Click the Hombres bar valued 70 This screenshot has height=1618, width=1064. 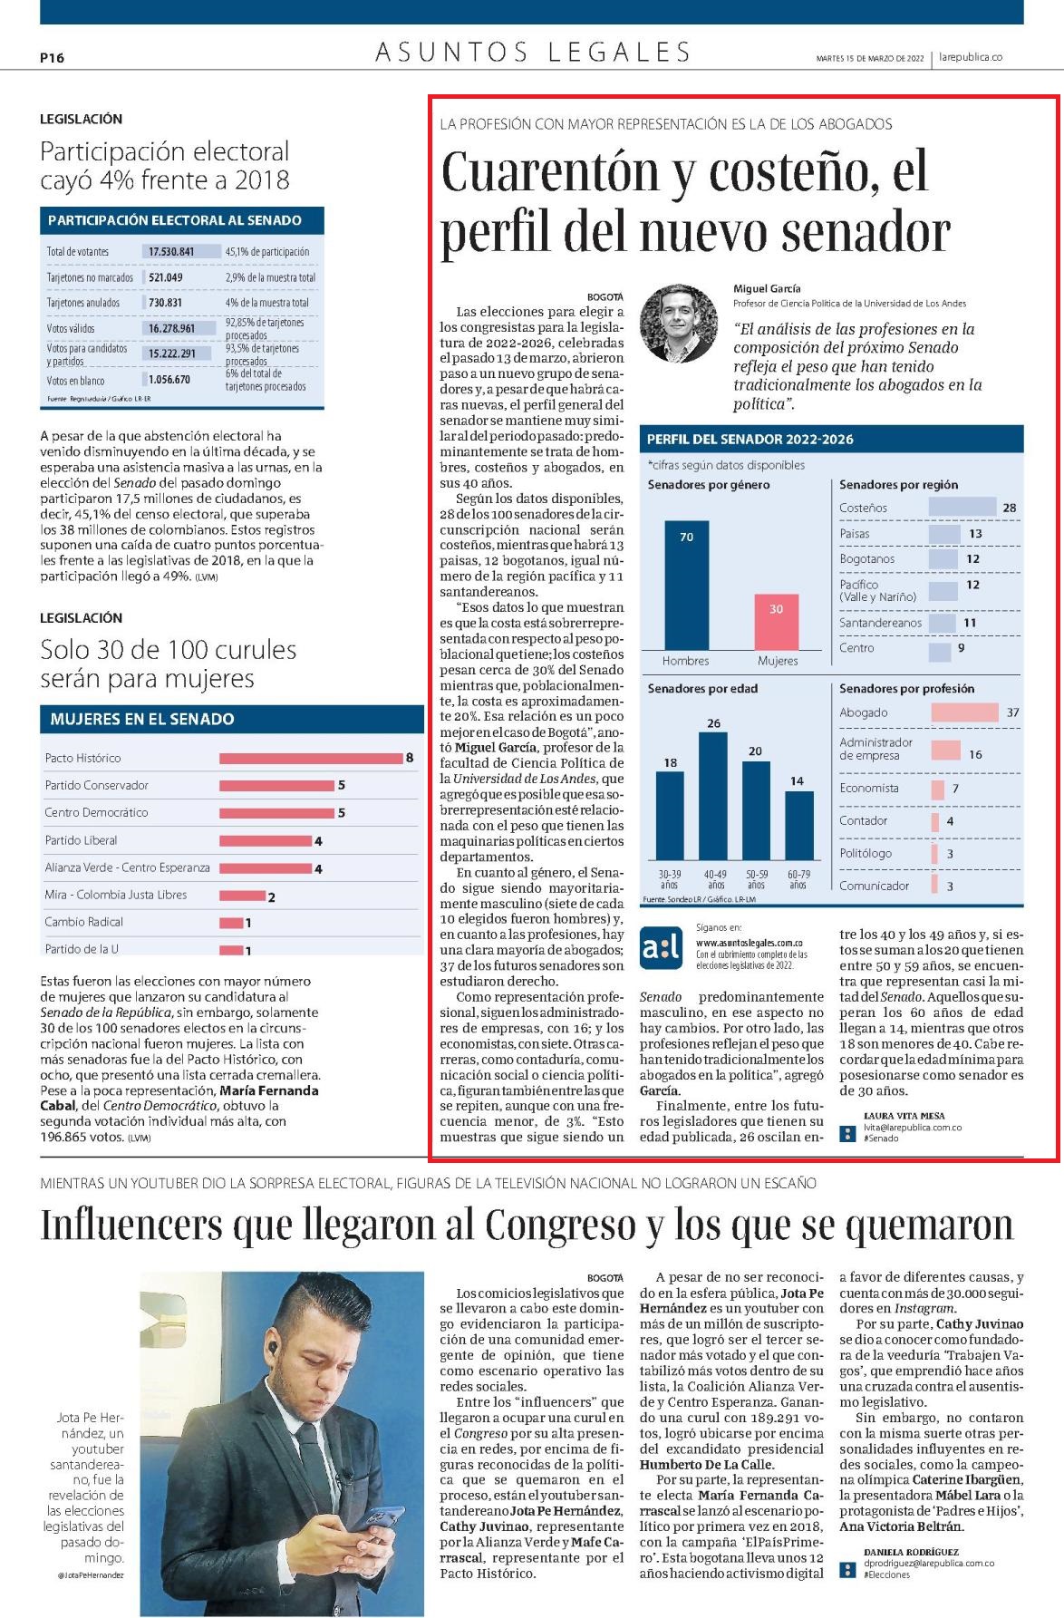pos(686,585)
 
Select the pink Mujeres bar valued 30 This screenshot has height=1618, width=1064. pos(776,622)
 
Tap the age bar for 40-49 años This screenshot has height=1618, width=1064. pos(712,796)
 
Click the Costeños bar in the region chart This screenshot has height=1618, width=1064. pos(962,508)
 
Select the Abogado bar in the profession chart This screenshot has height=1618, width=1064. pos(964,712)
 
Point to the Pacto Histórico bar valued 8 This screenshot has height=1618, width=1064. pos(311,758)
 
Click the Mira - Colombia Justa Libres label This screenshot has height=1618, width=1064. pos(116,895)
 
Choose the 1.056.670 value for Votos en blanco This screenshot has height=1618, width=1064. pos(169,380)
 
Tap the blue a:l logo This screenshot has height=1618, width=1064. pos(662,948)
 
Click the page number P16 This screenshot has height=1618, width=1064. pos(53,58)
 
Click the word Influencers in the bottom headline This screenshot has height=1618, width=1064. pos(131,1225)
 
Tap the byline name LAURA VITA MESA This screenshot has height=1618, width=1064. pos(904,1116)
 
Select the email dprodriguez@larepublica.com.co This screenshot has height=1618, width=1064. pos(929,1564)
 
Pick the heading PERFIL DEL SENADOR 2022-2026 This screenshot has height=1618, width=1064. pos(750,440)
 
